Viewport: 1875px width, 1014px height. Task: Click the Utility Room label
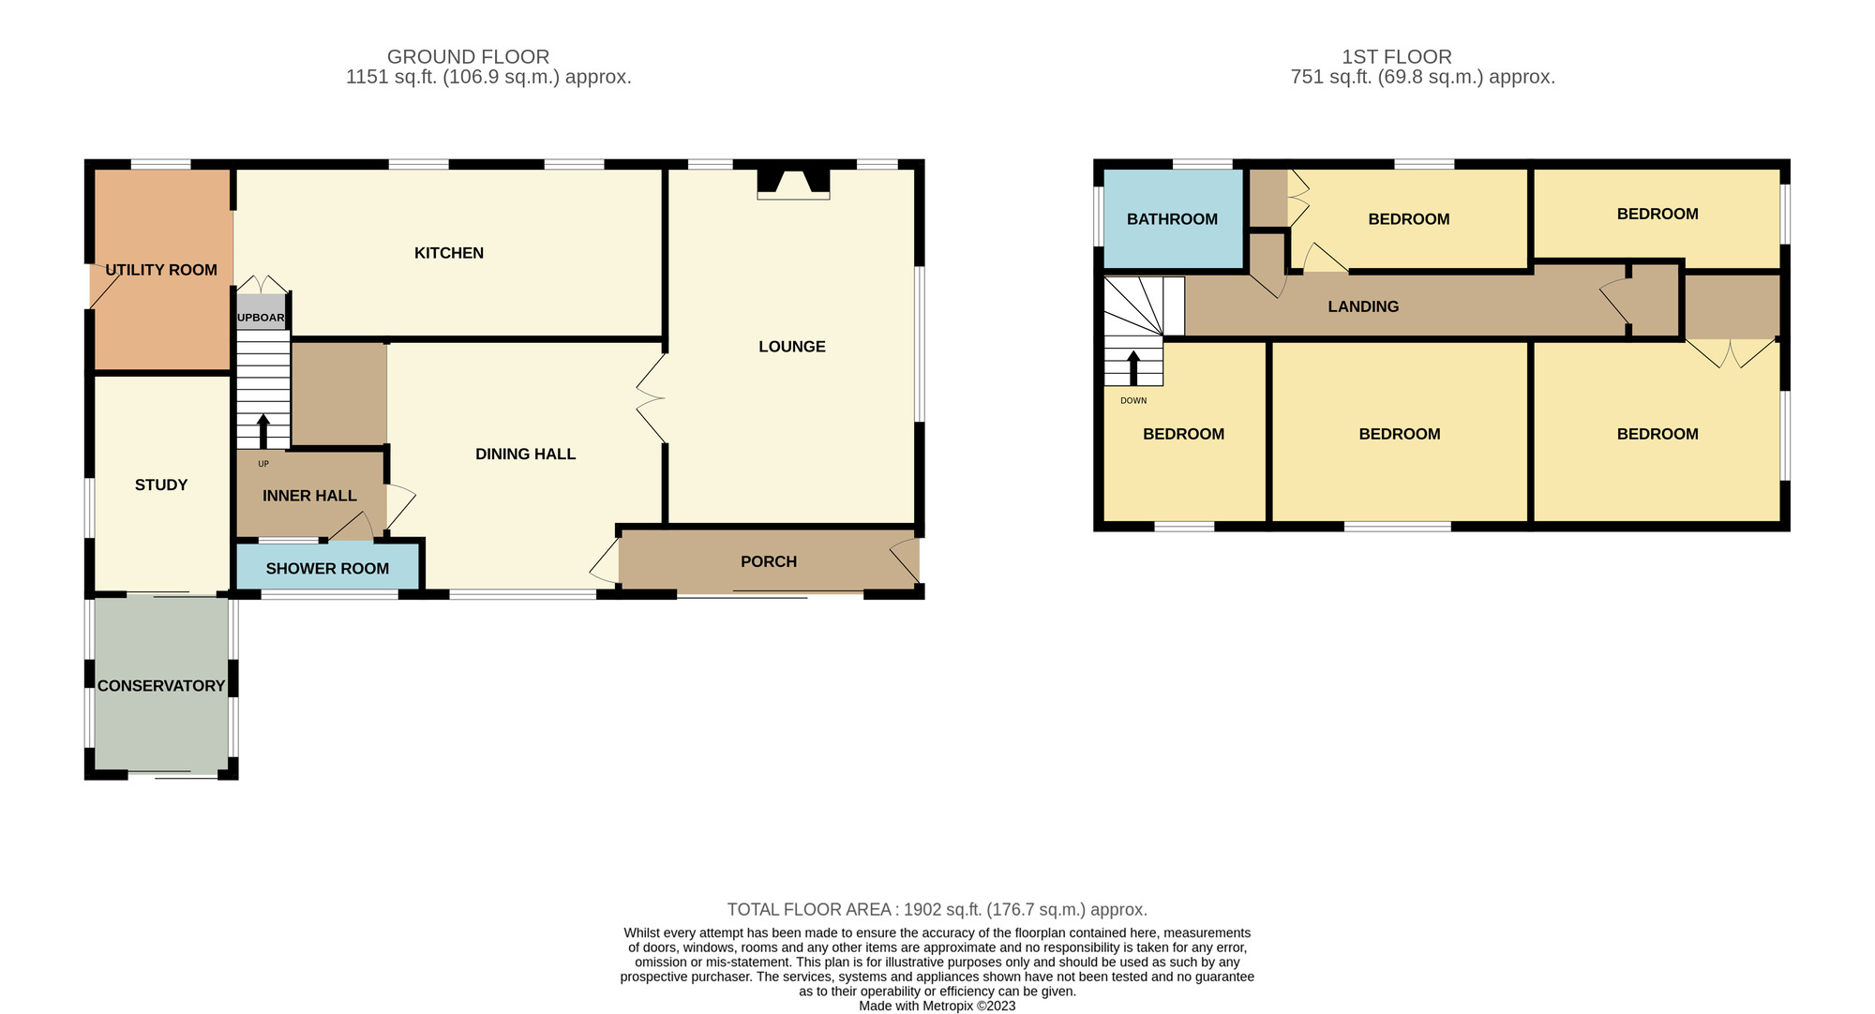[161, 270]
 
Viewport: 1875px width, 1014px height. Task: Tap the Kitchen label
[449, 253]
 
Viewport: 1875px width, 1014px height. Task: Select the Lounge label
[792, 347]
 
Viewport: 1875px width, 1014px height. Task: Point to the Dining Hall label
[526, 455]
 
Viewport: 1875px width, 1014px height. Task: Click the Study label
[161, 485]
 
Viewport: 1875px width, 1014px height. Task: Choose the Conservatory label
[161, 686]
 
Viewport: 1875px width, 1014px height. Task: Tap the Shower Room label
[327, 569]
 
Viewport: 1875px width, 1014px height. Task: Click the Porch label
[769, 561]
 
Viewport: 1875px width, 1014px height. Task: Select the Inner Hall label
[309, 496]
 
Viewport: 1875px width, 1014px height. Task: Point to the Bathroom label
[1172, 219]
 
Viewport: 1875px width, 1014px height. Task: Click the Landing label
[1363, 306]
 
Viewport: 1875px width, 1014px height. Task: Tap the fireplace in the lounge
[793, 183]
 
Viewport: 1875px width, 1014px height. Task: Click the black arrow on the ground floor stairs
[262, 431]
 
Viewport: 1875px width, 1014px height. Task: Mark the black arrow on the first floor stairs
[1133, 368]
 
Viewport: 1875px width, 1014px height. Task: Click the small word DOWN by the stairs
[1133, 401]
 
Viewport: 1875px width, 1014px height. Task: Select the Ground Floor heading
[468, 57]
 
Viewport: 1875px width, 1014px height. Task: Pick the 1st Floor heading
[1397, 57]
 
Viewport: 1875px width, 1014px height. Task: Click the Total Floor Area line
[937, 910]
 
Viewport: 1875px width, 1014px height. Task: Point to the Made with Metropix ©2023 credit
[937, 1007]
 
